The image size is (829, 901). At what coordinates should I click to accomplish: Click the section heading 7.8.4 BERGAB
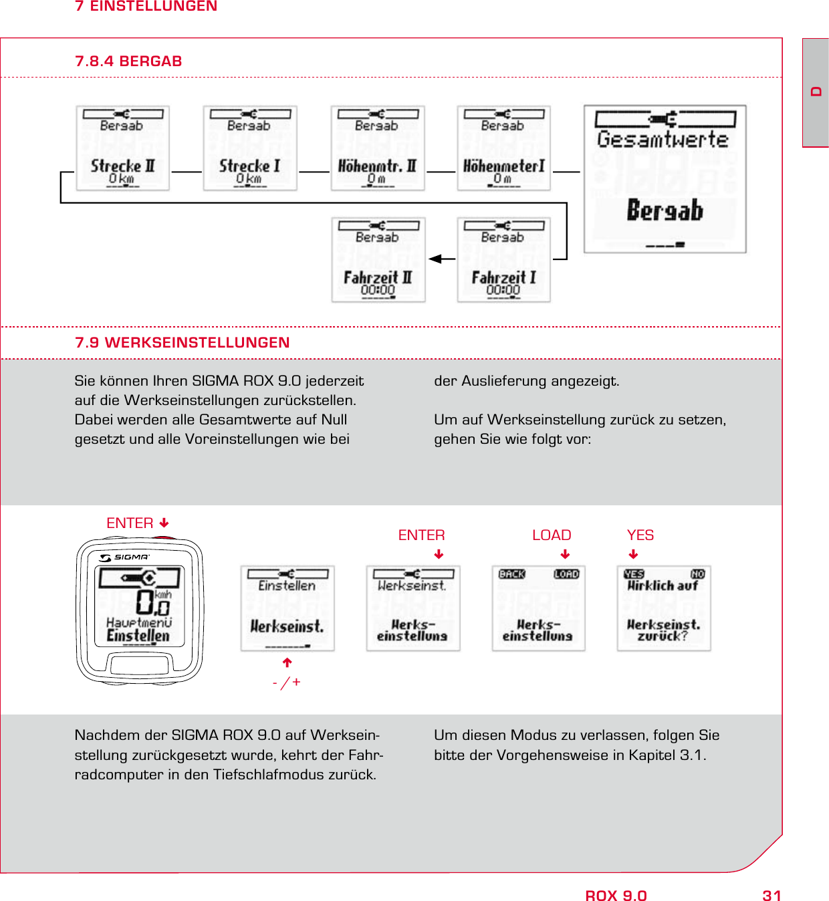(128, 61)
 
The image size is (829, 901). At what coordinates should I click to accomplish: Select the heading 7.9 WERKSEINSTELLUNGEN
(182, 342)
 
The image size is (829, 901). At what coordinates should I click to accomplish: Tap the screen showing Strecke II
(122, 148)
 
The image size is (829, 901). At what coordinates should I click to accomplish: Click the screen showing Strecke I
(250, 148)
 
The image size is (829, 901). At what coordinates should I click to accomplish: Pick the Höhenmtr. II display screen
(378, 148)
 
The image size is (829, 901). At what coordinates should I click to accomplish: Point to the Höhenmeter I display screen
(503, 148)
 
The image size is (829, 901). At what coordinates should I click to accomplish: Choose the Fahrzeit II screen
(378, 260)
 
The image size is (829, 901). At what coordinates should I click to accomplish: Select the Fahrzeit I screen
(503, 260)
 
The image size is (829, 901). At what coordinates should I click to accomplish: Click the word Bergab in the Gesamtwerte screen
(665, 211)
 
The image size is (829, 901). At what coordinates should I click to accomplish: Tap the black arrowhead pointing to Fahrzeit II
(435, 259)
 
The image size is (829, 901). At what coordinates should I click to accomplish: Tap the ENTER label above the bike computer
(130, 523)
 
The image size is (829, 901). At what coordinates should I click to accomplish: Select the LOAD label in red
(552, 535)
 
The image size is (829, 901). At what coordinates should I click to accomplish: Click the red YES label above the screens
(640, 535)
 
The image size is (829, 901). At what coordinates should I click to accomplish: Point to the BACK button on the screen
(512, 574)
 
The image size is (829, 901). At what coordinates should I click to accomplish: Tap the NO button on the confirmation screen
(697, 574)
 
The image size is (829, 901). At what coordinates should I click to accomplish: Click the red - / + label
(287, 682)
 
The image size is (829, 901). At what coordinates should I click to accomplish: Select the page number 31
(772, 896)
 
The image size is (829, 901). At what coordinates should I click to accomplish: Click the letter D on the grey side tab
(816, 92)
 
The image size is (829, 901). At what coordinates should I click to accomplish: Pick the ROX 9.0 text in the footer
(616, 896)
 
